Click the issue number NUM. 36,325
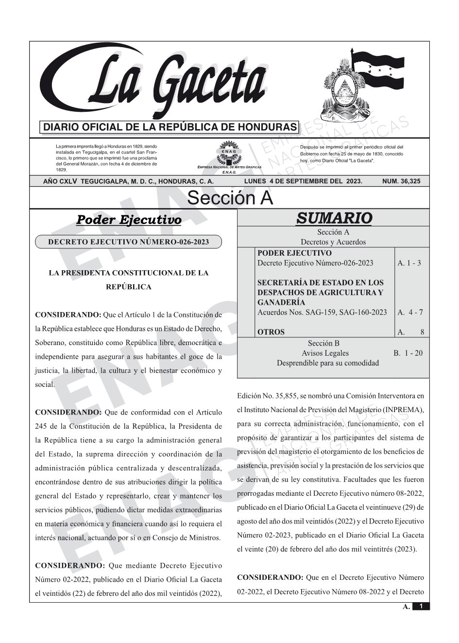click(x=401, y=181)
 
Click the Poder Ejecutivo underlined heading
click(x=129, y=220)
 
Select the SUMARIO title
click(x=334, y=218)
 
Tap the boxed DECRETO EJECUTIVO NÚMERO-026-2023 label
click(x=128, y=242)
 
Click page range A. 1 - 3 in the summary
click(x=409, y=263)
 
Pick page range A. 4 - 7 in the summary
click(x=410, y=312)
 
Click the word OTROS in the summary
click(x=271, y=332)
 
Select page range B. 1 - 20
click(x=408, y=353)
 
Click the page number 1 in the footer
click(x=421, y=606)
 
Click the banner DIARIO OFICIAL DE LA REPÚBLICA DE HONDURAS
click(x=170, y=127)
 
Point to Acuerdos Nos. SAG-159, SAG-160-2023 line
click(x=322, y=312)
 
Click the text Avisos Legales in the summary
click(x=325, y=353)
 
